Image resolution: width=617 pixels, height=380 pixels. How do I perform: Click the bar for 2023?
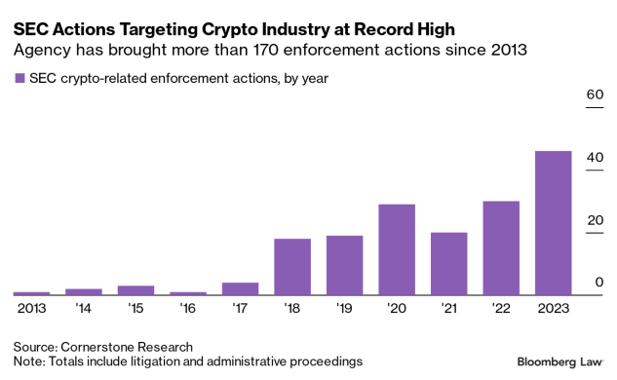(553, 223)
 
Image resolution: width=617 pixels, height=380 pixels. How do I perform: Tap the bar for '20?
(397, 249)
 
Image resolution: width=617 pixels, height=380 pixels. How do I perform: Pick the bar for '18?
(292, 266)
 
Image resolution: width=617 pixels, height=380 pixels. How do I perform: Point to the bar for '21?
(448, 263)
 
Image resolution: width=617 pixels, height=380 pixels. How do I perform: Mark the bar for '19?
(344, 265)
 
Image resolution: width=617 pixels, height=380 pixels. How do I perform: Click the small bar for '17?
(240, 288)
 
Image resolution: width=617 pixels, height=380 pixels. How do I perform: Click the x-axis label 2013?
(31, 308)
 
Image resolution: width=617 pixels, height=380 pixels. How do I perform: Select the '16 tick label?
(188, 308)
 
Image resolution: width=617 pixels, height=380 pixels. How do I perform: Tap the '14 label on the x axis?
(84, 308)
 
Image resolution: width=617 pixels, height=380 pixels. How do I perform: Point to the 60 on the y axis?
(592, 95)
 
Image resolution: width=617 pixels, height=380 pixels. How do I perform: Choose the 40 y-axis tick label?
(592, 158)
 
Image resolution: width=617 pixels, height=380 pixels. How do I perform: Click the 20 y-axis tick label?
(592, 220)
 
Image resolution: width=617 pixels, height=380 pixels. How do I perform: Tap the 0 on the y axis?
(596, 283)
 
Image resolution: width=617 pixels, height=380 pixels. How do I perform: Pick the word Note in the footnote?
(28, 361)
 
